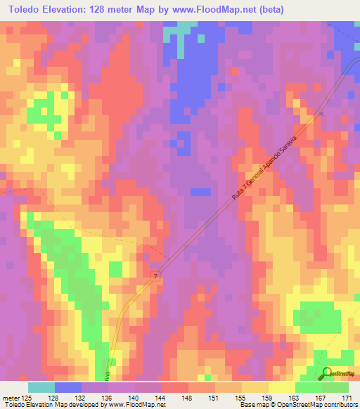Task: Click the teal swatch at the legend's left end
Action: tap(41, 387)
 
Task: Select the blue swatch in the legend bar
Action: tap(68, 387)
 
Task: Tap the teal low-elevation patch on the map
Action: tap(185, 28)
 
